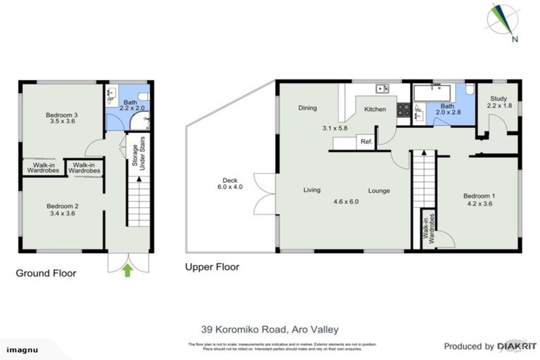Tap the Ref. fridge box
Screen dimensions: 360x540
[x=366, y=142]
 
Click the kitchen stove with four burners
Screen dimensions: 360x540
[x=404, y=110]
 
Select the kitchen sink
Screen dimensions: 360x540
[x=382, y=89]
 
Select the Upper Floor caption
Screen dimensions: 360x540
[x=212, y=267]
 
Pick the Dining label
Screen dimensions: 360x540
[x=307, y=108]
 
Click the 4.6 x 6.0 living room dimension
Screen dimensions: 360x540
[x=346, y=202]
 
